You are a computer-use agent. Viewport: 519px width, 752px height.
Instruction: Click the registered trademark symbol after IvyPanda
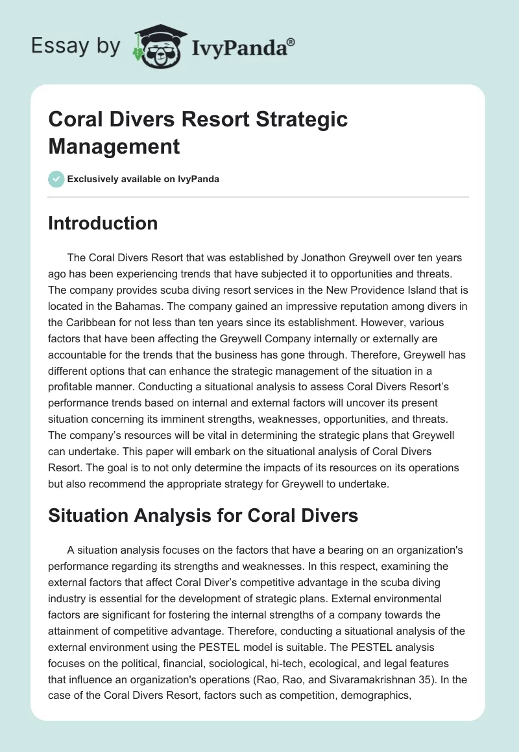click(291, 41)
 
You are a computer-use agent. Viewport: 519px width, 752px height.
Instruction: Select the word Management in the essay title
click(114, 146)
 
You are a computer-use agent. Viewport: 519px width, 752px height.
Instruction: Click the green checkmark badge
click(56, 179)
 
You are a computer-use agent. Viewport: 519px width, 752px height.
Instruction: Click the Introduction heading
click(103, 223)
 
